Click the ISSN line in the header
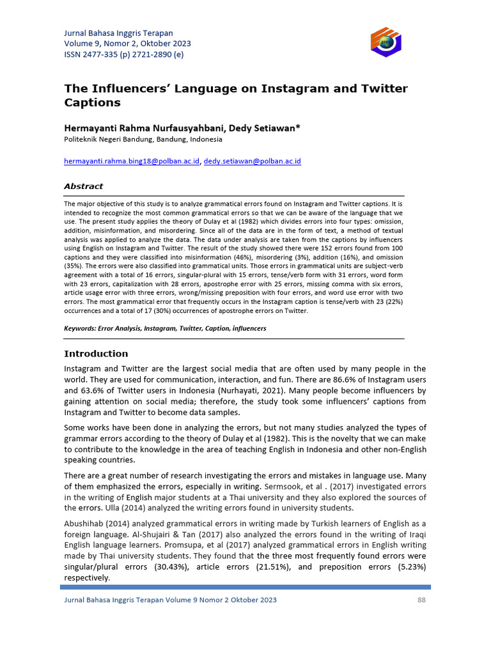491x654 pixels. coord(123,54)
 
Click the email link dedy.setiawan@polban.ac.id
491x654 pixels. coord(252,162)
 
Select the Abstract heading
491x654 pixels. coord(83,186)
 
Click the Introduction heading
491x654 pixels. coord(96,354)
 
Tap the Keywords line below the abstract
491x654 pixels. coord(165,328)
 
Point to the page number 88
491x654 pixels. coord(421,600)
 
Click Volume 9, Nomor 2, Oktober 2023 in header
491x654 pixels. coord(127,43)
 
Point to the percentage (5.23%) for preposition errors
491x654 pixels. coord(410,567)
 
